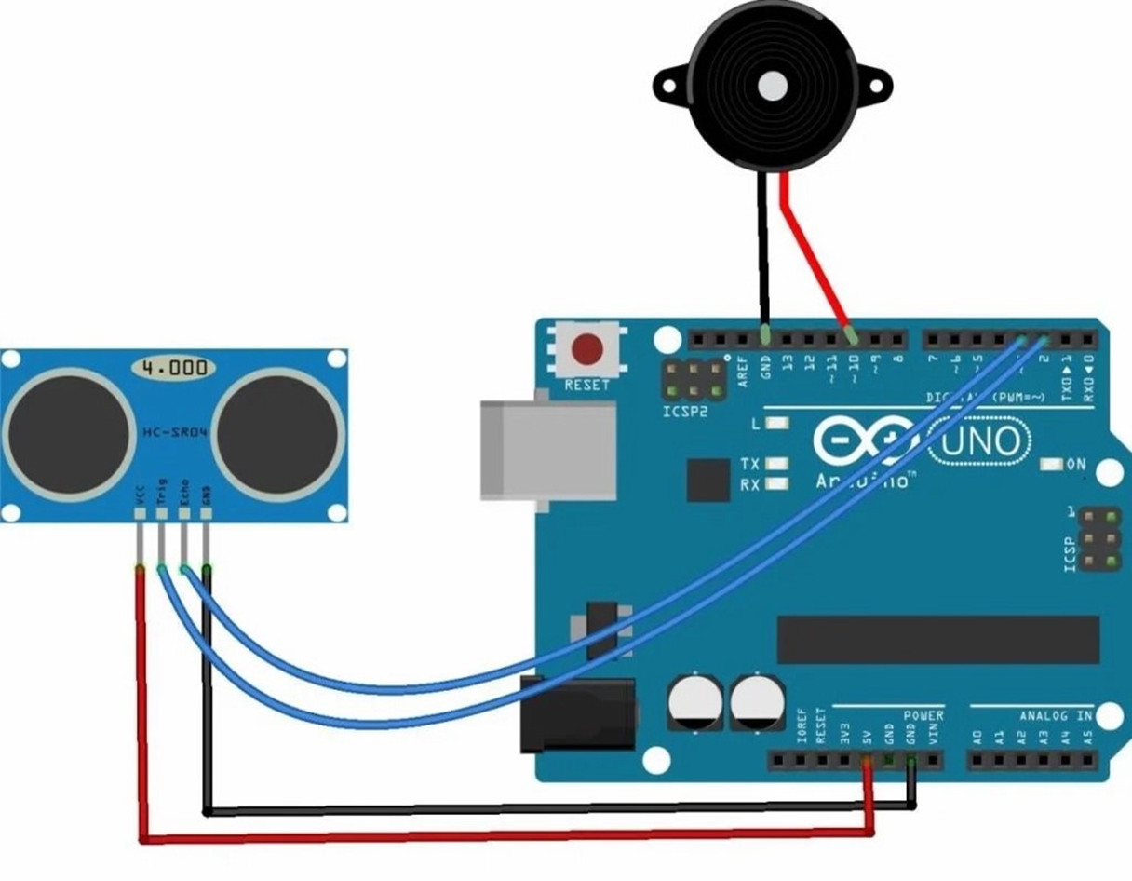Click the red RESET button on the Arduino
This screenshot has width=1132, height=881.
click(x=586, y=350)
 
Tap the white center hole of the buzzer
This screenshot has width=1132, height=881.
click(x=772, y=87)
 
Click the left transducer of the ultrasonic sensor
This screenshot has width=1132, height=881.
click(x=69, y=434)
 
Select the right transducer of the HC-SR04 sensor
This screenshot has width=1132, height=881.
click(x=277, y=434)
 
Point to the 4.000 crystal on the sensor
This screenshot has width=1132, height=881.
click(x=174, y=368)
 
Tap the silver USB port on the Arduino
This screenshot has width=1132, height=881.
click(x=548, y=450)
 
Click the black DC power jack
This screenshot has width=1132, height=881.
click(x=577, y=714)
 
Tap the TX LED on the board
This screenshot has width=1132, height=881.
click(x=775, y=464)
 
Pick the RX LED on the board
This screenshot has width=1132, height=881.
click(x=775, y=484)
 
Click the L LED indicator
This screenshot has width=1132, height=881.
click(x=775, y=424)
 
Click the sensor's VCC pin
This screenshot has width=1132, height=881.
click(x=140, y=513)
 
